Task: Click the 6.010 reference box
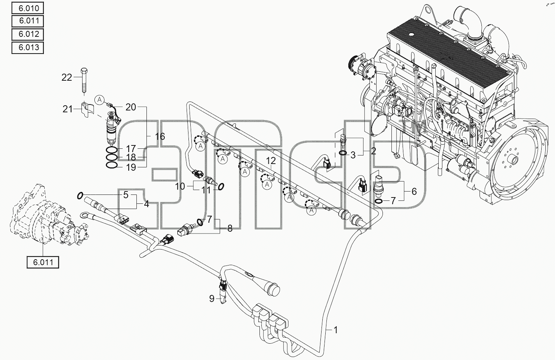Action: point(28,8)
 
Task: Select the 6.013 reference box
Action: point(28,48)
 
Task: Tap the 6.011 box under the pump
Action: point(43,262)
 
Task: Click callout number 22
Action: point(67,78)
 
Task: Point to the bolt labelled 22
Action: point(84,80)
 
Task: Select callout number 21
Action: point(67,109)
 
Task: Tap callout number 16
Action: point(160,136)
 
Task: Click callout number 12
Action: point(271,161)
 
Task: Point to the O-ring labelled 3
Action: point(343,153)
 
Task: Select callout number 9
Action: point(212,299)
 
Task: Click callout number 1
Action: point(336,330)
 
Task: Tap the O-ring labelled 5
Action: point(80,196)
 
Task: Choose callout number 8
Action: point(230,228)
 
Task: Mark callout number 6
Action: point(414,192)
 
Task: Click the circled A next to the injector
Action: point(100,100)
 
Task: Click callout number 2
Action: point(373,151)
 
